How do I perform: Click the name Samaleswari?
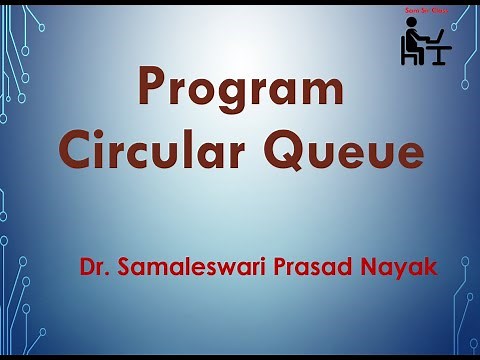coord(176,268)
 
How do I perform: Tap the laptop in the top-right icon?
coord(436,38)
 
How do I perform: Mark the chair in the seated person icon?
coord(407,52)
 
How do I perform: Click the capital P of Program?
coord(152,88)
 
